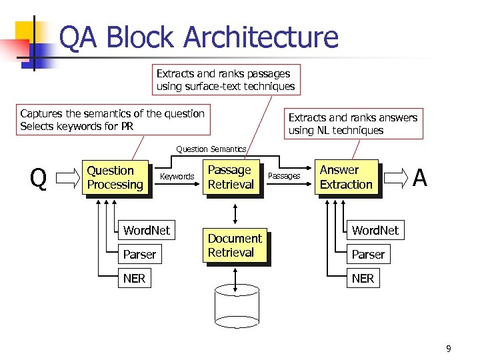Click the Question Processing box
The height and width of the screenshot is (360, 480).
click(115, 178)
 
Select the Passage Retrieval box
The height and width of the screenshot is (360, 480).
click(231, 178)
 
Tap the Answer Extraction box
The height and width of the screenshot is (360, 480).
click(346, 178)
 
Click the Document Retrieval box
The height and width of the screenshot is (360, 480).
click(235, 246)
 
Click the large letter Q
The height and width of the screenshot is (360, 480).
click(39, 179)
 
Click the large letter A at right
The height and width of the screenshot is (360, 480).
click(419, 178)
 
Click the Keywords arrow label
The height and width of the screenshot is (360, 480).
click(177, 177)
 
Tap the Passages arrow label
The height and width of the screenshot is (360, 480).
click(284, 176)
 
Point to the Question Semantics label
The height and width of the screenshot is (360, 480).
click(211, 149)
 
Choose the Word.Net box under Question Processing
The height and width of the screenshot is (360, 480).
click(146, 231)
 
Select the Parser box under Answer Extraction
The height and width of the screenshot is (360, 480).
click(368, 255)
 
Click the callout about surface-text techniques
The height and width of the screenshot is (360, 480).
click(225, 80)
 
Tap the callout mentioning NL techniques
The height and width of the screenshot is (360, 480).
click(353, 124)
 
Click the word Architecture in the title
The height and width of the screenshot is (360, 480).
click(260, 37)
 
